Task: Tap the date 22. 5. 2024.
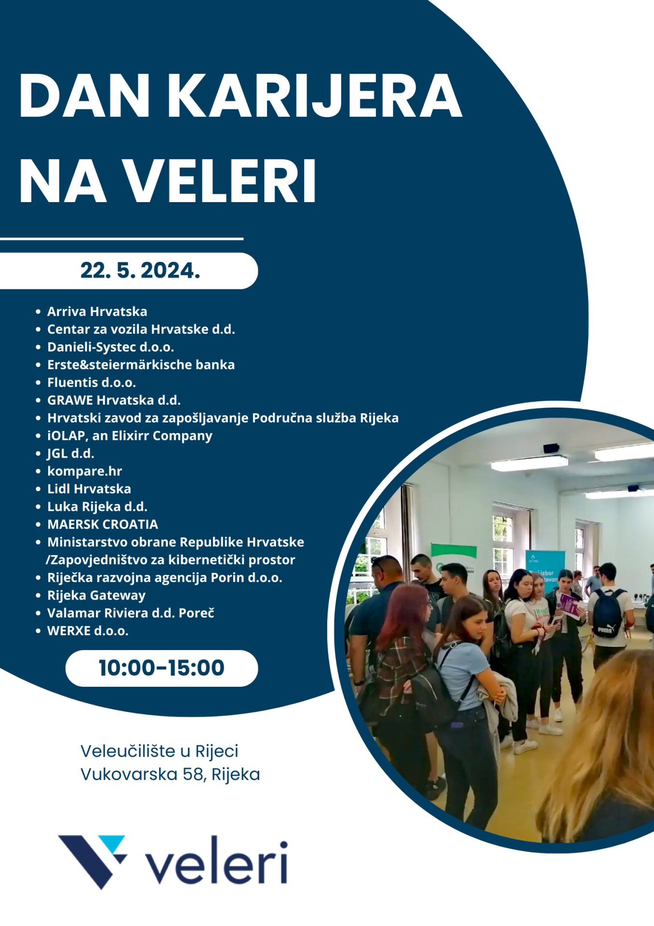140,271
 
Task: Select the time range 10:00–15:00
161,668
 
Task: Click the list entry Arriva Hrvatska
97,312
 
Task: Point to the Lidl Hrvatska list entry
89,489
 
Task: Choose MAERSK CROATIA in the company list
103,524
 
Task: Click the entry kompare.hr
84,471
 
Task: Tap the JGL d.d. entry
70,453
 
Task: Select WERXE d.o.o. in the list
88,631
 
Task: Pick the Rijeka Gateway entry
96,596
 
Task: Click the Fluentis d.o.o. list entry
92,382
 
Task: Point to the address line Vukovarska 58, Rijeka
170,774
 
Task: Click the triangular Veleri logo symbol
92,861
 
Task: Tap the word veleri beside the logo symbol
216,862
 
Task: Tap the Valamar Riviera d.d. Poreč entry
131,613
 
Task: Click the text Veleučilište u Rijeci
160,751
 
